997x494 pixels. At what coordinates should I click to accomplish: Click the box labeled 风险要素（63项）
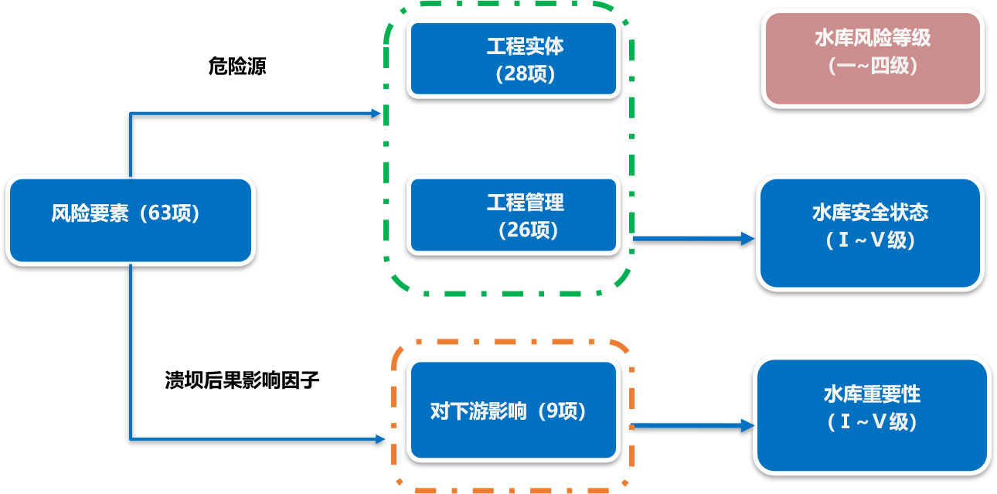pyautogui.click(x=130, y=220)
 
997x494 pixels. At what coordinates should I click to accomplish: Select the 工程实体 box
pyautogui.click(x=514, y=59)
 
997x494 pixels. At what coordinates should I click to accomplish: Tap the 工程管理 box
pyautogui.click(x=514, y=215)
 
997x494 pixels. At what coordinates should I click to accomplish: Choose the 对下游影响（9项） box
pyautogui.click(x=514, y=410)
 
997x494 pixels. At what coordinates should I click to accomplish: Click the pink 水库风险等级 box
pyautogui.click(x=873, y=58)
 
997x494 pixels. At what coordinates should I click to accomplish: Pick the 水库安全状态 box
pyautogui.click(x=870, y=233)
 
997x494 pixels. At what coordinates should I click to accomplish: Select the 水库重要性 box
pyautogui.click(x=872, y=415)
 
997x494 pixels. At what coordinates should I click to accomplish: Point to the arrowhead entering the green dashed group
pyautogui.click(x=376, y=113)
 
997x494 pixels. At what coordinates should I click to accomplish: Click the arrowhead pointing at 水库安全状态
pyautogui.click(x=747, y=239)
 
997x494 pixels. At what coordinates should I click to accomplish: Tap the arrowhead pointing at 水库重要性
pyautogui.click(x=747, y=425)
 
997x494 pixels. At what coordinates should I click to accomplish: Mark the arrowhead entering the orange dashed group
pyautogui.click(x=380, y=439)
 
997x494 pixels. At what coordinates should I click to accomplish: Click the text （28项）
pyautogui.click(x=526, y=74)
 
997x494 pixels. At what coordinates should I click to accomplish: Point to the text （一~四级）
pyautogui.click(x=873, y=66)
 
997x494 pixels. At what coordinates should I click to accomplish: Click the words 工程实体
pyautogui.click(x=525, y=46)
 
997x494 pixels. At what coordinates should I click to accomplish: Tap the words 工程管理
pyautogui.click(x=525, y=203)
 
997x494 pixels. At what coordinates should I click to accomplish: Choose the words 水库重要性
pyautogui.click(x=872, y=394)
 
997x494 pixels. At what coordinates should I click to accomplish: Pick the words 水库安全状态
pyautogui.click(x=870, y=213)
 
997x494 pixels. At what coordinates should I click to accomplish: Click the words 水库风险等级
pyautogui.click(x=873, y=38)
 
